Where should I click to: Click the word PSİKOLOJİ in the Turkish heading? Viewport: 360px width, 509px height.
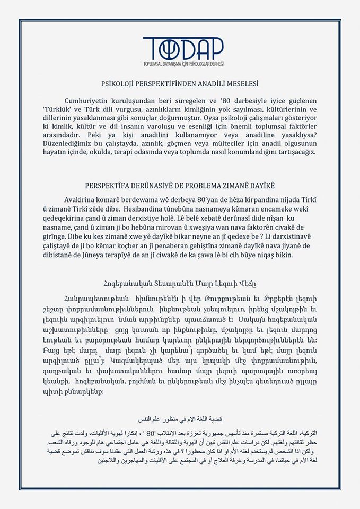coord(118,83)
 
